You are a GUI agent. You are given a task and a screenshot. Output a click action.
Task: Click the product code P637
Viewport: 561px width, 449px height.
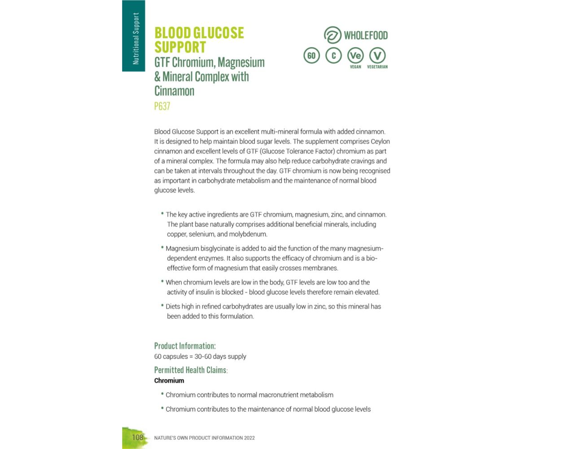tap(162, 106)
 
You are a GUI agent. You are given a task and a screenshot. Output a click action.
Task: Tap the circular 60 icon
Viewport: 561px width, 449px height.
tap(311, 56)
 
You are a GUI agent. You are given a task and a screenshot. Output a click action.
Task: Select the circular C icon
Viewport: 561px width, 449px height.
tap(333, 56)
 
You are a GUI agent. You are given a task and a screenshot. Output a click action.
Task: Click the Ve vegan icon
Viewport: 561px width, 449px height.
tap(355, 56)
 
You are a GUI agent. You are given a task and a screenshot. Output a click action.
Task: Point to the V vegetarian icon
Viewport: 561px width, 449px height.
tap(377, 56)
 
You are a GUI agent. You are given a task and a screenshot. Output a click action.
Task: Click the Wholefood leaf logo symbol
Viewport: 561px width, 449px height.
tap(333, 35)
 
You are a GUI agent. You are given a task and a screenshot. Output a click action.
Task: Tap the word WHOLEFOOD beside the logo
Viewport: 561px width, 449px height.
tap(366, 35)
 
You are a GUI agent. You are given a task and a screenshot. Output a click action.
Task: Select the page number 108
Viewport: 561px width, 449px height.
tap(137, 437)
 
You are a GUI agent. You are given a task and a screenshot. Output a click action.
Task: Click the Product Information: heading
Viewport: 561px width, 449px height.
tap(185, 346)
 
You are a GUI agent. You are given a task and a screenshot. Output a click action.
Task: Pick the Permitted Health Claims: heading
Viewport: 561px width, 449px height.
tap(191, 370)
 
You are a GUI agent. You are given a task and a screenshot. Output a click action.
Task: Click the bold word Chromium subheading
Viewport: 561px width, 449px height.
tap(169, 381)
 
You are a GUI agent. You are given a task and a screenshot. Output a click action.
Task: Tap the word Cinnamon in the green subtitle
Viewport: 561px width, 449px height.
tap(175, 91)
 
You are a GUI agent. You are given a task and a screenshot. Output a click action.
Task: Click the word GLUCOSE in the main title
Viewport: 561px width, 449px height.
tap(219, 33)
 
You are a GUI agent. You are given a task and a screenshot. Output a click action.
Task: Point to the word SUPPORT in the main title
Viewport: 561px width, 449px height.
tap(180, 48)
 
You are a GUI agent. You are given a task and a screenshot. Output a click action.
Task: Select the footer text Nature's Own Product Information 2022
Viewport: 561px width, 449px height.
tap(204, 438)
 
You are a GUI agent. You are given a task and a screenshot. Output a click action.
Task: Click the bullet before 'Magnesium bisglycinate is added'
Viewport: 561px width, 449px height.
tap(162, 247)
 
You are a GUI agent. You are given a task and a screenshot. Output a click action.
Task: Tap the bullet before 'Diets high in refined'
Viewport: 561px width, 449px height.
tap(162, 305)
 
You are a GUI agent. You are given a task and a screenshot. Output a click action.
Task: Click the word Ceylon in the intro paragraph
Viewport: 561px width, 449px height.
tap(380, 141)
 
